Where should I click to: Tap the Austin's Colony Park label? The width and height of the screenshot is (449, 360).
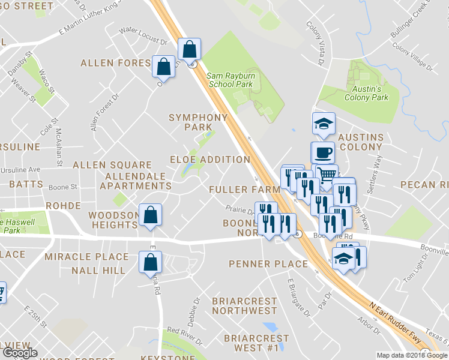(366, 94)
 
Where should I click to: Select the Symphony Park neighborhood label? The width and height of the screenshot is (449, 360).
(198, 122)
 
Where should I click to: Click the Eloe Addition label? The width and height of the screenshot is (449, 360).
(209, 160)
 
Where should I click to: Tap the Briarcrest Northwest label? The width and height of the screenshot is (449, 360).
(245, 305)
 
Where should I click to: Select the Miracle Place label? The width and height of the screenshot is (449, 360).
(86, 257)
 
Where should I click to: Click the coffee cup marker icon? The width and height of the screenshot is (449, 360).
(322, 152)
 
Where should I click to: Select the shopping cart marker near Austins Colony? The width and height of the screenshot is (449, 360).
(326, 175)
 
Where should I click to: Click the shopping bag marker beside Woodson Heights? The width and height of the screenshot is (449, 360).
(150, 214)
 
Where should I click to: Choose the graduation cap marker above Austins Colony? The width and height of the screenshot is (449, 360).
(323, 124)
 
